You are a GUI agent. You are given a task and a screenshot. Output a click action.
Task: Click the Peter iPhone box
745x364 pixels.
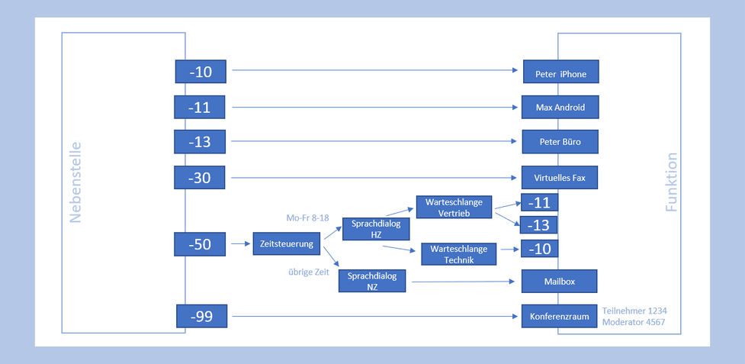coord(560,72)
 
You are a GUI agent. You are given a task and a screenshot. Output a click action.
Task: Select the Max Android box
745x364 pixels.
coord(560,107)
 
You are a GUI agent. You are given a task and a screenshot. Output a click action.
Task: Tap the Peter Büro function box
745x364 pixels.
coord(560,142)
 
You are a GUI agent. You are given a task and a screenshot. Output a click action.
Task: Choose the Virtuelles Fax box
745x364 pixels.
coord(560,178)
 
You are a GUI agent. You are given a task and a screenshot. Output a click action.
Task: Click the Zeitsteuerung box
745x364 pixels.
coord(287,243)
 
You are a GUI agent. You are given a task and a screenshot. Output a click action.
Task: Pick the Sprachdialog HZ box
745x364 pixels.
coord(376,229)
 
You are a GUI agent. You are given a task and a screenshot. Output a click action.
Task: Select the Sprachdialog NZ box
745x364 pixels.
coord(372,281)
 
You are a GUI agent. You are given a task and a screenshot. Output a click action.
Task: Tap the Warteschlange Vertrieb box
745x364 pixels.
coord(454,207)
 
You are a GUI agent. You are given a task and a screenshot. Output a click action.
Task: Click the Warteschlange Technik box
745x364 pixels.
coord(458,254)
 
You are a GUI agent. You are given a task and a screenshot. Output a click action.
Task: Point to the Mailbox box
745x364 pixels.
coord(559,282)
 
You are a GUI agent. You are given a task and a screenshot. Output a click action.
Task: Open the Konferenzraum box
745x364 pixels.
coord(559,316)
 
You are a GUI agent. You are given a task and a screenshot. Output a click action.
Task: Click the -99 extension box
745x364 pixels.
coord(201,316)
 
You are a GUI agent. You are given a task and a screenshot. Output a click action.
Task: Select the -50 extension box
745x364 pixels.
coord(200,244)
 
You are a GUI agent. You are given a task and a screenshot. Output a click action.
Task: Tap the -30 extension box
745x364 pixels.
coord(200,178)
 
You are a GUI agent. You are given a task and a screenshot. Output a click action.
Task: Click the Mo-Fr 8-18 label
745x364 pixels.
coord(308,218)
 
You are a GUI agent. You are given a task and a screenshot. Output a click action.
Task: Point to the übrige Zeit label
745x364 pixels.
coord(309,272)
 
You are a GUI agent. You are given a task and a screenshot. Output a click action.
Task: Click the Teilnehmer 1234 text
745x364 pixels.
coord(634,311)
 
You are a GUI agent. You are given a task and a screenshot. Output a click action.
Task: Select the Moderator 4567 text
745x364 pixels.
coord(634,322)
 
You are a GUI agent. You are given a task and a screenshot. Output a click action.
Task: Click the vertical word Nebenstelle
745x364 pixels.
coord(75,182)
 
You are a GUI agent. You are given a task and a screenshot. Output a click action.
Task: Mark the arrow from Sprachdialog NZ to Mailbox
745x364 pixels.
coord(464,282)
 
